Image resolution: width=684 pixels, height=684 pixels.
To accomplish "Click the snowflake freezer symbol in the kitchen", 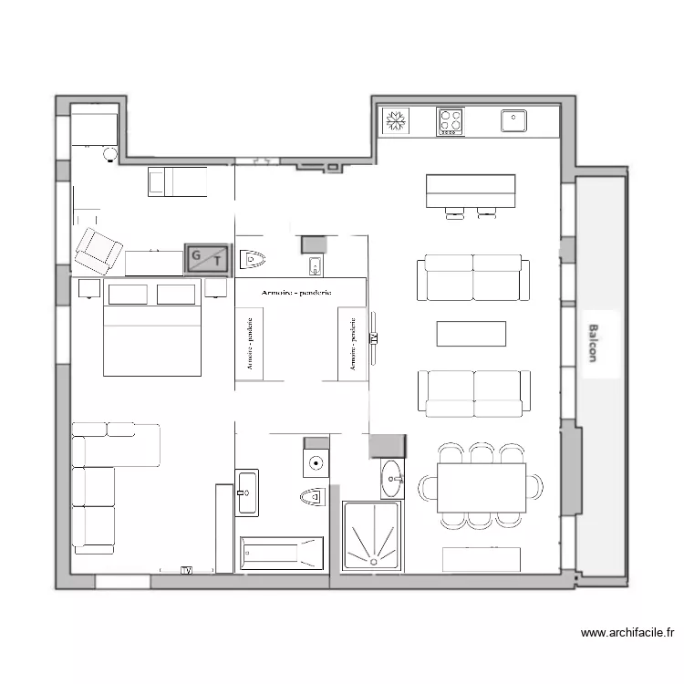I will (396, 120).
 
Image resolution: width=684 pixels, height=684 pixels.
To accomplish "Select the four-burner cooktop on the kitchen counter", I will (450, 121).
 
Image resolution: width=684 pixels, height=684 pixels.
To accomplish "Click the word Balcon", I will (592, 344).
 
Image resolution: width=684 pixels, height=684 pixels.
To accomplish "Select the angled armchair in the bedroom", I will (98, 251).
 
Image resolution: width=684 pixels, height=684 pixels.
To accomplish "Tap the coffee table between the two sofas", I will (471, 334).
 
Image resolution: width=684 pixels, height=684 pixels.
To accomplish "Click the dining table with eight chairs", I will (482, 488).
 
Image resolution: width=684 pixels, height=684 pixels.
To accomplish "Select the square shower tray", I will (371, 536).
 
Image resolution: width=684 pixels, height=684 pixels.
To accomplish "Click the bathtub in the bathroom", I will (281, 554).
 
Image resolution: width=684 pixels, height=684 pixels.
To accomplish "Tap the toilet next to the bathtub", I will (313, 497).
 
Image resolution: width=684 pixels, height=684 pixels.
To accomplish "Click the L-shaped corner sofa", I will (100, 474).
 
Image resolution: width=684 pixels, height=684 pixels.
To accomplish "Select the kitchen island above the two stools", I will (471, 190).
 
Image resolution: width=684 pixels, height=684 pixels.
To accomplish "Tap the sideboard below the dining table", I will (481, 559).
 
